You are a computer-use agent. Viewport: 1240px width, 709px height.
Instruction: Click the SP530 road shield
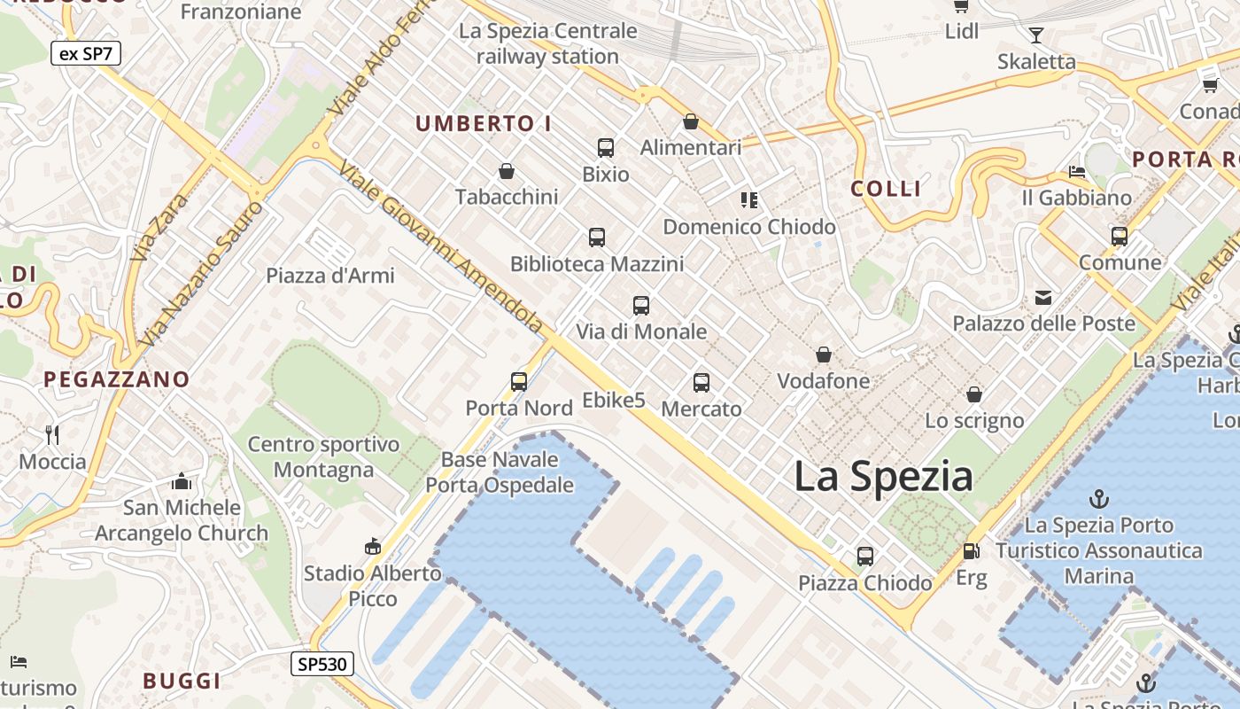click(x=322, y=663)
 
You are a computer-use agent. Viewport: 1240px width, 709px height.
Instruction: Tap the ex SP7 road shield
click(x=85, y=53)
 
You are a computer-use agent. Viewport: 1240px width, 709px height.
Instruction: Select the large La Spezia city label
click(x=883, y=476)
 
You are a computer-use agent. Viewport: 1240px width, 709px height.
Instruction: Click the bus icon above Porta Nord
click(x=519, y=382)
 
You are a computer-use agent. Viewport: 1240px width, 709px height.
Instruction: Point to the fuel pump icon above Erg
click(x=971, y=551)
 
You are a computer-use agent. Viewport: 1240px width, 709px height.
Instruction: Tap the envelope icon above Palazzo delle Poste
click(x=1043, y=298)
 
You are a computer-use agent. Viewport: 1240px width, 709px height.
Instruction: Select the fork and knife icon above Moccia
click(x=52, y=434)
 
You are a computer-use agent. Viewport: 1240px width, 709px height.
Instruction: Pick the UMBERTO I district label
click(x=484, y=124)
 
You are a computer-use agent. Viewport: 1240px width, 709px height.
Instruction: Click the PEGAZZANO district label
click(x=117, y=380)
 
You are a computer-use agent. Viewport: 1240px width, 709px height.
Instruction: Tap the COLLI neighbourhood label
click(x=886, y=189)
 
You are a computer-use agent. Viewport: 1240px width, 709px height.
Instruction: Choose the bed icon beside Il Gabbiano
click(x=1077, y=171)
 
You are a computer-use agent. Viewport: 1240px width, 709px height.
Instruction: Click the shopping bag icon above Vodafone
click(x=824, y=355)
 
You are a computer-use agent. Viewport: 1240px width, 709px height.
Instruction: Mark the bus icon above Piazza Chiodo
click(x=865, y=557)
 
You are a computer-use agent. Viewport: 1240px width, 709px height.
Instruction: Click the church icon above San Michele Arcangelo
click(x=182, y=481)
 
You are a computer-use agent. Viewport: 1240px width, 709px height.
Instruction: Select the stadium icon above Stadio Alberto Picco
click(x=373, y=547)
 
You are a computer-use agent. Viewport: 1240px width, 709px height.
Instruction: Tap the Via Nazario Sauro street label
click(x=202, y=274)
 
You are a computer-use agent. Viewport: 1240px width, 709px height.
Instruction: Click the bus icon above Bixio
click(x=606, y=148)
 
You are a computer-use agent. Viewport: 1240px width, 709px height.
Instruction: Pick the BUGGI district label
click(x=182, y=681)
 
